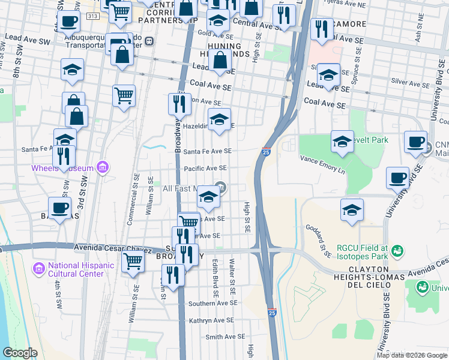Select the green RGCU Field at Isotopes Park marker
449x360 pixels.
[x=396, y=249]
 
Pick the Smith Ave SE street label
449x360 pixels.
[x=225, y=337]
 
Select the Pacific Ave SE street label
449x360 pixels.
[x=205, y=169]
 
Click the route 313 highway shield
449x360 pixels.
[x=91, y=16]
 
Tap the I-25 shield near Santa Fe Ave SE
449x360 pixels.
[x=266, y=152]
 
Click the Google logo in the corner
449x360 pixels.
[x=21, y=352]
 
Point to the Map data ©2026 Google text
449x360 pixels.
[x=411, y=355]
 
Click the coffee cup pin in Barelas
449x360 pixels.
[x=59, y=208]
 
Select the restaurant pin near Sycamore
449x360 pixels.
[x=322, y=28]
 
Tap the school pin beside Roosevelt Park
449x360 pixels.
[x=342, y=142]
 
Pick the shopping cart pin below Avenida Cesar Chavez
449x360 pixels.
[x=133, y=260]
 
